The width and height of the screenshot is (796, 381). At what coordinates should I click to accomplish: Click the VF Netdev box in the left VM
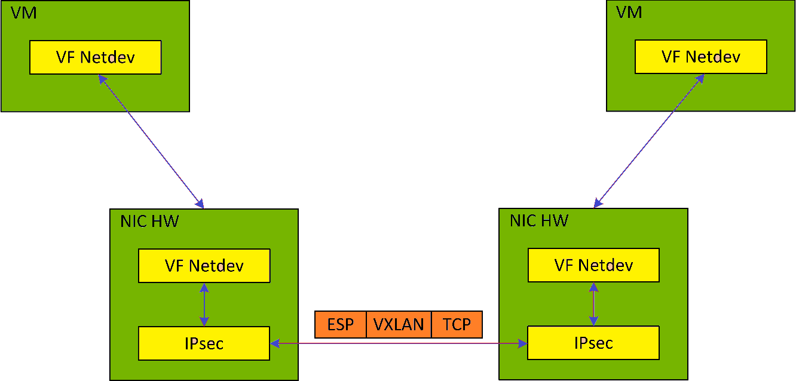pyautogui.click(x=96, y=57)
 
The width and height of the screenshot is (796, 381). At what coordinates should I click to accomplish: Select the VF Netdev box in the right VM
pyautogui.click(x=700, y=57)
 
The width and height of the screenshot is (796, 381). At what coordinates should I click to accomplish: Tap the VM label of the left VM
pyautogui.click(x=24, y=13)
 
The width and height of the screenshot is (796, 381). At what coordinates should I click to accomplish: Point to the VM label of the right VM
pyautogui.click(x=629, y=12)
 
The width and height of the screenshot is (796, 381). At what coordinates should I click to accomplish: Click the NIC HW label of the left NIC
pyautogui.click(x=149, y=222)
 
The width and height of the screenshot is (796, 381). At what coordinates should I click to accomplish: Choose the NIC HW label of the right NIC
pyautogui.click(x=538, y=220)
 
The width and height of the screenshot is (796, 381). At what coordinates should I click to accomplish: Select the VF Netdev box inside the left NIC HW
pyautogui.click(x=204, y=266)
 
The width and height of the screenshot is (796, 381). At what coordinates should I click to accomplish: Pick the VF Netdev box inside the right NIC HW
pyautogui.click(x=593, y=265)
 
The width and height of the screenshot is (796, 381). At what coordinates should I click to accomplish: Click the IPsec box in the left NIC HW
pyautogui.click(x=204, y=343)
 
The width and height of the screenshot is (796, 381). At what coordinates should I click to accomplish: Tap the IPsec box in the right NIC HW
pyautogui.click(x=593, y=343)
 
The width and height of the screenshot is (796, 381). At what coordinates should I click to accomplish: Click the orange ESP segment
pyautogui.click(x=340, y=324)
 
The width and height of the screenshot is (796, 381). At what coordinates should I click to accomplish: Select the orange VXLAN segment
pyautogui.click(x=399, y=324)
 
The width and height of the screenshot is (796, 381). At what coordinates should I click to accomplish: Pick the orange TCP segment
pyautogui.click(x=457, y=324)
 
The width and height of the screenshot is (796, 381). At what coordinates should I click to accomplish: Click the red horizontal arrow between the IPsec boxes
pyautogui.click(x=399, y=343)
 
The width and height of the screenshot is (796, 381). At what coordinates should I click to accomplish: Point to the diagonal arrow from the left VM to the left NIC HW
pyautogui.click(x=151, y=141)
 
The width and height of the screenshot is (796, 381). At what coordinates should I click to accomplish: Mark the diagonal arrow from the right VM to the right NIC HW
pyautogui.click(x=648, y=141)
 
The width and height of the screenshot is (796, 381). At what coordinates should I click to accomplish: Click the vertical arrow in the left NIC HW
pyautogui.click(x=204, y=305)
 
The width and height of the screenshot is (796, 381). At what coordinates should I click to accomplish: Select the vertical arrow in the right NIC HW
pyautogui.click(x=593, y=304)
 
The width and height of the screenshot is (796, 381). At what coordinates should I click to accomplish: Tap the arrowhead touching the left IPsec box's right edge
pyautogui.click(x=275, y=343)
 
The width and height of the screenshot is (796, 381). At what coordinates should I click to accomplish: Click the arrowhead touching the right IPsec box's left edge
pyautogui.click(x=522, y=343)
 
